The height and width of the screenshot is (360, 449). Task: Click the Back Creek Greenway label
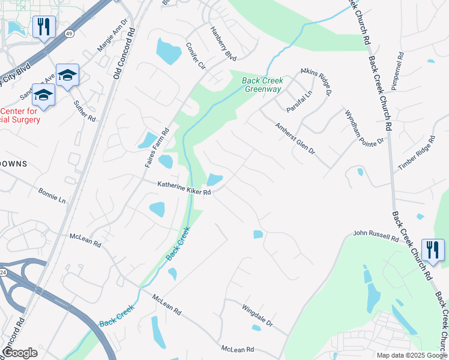click(262, 85)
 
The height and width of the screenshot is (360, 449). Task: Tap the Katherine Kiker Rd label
click(184, 189)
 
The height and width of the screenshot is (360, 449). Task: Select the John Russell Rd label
click(376, 235)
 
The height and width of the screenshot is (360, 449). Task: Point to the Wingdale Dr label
click(257, 315)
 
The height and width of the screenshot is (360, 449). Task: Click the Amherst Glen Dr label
click(295, 140)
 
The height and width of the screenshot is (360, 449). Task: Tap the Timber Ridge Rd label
click(415, 154)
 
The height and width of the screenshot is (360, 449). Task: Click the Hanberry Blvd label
click(223, 43)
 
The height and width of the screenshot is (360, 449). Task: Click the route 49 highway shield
click(70, 34)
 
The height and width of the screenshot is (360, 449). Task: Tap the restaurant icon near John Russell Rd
click(432, 250)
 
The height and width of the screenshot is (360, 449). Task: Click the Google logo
click(20, 352)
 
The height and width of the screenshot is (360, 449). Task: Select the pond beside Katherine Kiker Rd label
click(214, 179)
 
